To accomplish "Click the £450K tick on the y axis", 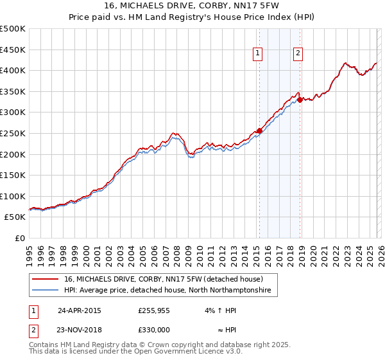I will [x=13, y=50].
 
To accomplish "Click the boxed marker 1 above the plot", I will [x=257, y=54].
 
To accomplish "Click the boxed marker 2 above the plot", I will [x=298, y=54].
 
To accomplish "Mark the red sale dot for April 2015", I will [x=259, y=130].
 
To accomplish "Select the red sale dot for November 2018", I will [x=300, y=100].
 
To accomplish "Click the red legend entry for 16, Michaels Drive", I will [x=164, y=280].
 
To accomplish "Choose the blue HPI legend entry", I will [x=167, y=291].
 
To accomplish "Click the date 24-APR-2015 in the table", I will [x=79, y=310].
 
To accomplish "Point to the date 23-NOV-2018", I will [x=79, y=328].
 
